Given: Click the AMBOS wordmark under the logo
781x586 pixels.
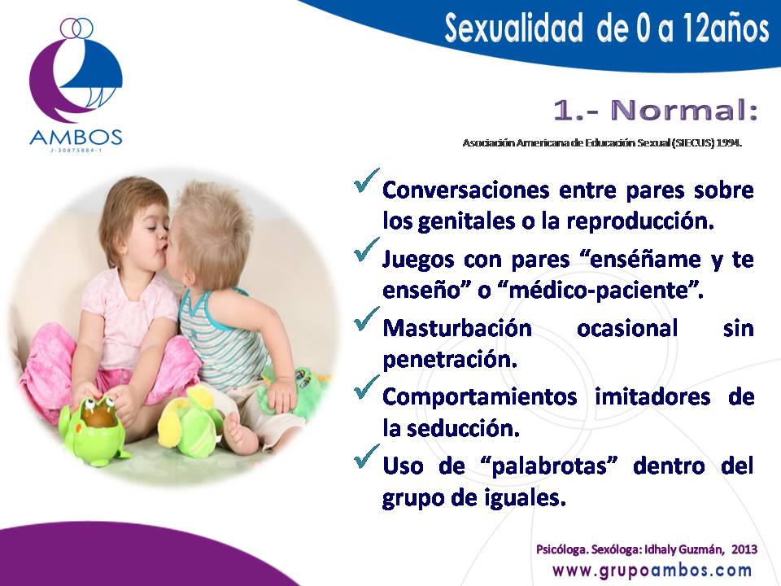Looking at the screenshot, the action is [x=76, y=137].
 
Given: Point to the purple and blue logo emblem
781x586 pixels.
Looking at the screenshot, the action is [x=76, y=70].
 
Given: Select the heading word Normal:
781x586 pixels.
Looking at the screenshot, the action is [x=684, y=110].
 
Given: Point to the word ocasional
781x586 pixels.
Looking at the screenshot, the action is [x=627, y=328].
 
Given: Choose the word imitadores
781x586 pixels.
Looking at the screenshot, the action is [x=652, y=397].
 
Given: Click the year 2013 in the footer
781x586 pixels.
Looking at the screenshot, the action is [x=744, y=549].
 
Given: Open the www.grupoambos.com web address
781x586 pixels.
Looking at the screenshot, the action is [x=652, y=570].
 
